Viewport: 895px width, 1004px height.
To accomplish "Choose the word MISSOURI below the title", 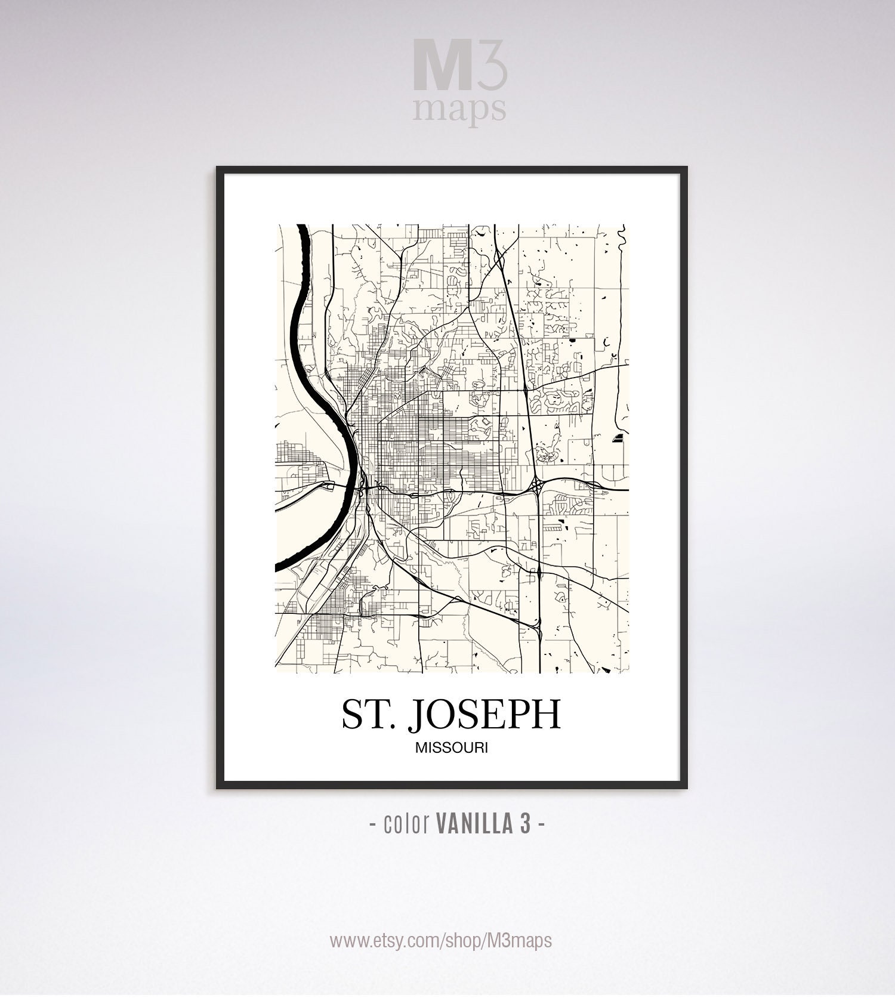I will (452, 747).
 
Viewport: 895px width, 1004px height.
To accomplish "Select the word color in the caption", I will (408, 824).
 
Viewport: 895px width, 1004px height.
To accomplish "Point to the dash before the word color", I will (372, 825).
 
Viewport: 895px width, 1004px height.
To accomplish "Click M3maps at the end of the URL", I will (523, 941).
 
